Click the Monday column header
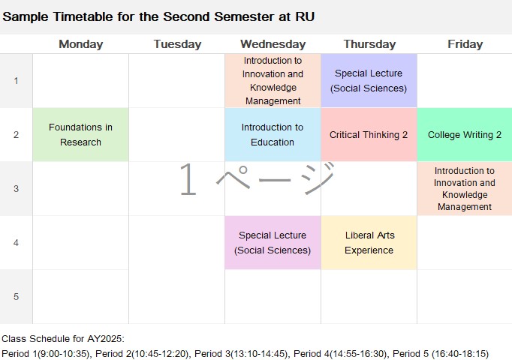[81, 44]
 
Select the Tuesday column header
[177, 44]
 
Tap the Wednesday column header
[273, 44]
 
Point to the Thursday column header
[369, 44]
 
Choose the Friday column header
[465, 44]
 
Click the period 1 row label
[16, 80]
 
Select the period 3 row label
[16, 188]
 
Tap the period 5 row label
[16, 296]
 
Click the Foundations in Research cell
[80, 135]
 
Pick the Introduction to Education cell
[273, 135]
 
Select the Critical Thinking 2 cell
[369, 135]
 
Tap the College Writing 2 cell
[465, 135]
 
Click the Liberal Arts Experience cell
[369, 242]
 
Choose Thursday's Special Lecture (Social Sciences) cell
[369, 80]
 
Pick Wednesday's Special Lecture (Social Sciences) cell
[273, 242]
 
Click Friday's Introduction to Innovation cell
[465, 188]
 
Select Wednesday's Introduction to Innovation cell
[273, 80]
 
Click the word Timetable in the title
[83, 16]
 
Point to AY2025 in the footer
[105, 339]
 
